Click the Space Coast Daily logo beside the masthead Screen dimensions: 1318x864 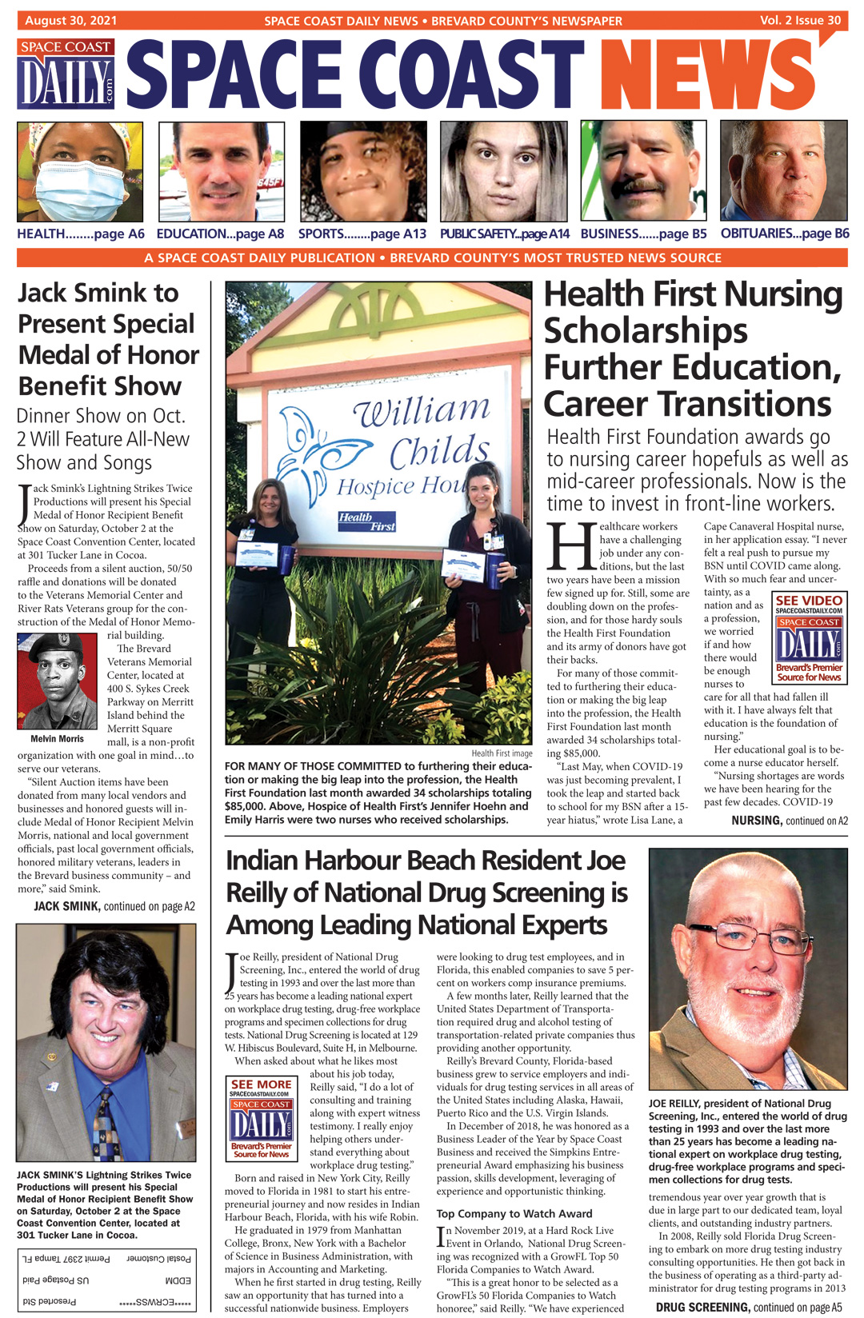coord(66,74)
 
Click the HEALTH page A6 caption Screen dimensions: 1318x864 coord(81,234)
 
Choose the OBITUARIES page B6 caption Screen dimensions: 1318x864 coord(784,234)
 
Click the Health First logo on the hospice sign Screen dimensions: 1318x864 coord(366,521)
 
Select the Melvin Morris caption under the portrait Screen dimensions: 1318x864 coord(57,739)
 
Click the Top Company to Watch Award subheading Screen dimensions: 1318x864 coord(514,1213)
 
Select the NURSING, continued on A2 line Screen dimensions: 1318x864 coord(789,821)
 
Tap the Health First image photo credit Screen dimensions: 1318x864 coord(502,753)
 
